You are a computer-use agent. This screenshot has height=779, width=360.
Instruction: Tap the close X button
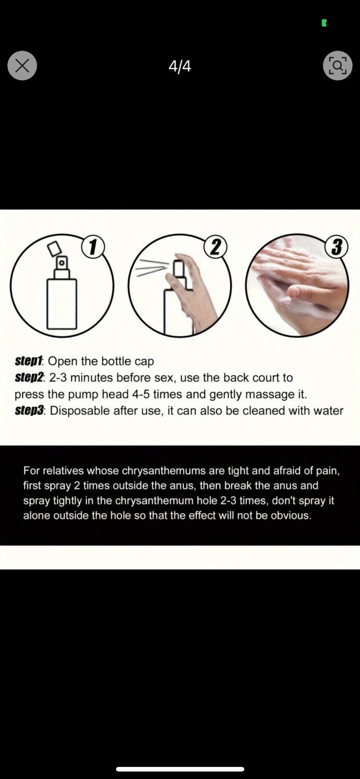point(22,66)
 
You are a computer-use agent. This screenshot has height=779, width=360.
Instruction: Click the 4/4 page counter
point(180,66)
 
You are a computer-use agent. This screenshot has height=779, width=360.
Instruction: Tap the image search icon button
point(338,66)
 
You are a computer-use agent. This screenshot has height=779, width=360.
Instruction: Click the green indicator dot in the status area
point(324,23)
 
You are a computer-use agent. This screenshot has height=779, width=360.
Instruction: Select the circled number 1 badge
point(93,247)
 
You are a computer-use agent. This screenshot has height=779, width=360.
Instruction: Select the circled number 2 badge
point(216,247)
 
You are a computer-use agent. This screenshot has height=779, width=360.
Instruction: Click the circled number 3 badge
point(336,247)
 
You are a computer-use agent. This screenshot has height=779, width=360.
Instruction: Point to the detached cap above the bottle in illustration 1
point(55,248)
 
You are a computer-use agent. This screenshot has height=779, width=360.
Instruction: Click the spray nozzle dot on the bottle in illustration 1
point(61,263)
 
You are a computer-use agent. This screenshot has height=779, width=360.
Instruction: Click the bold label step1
point(29,361)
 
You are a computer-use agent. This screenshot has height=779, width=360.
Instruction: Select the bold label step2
point(29,378)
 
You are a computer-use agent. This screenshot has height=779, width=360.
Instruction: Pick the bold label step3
point(29,411)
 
